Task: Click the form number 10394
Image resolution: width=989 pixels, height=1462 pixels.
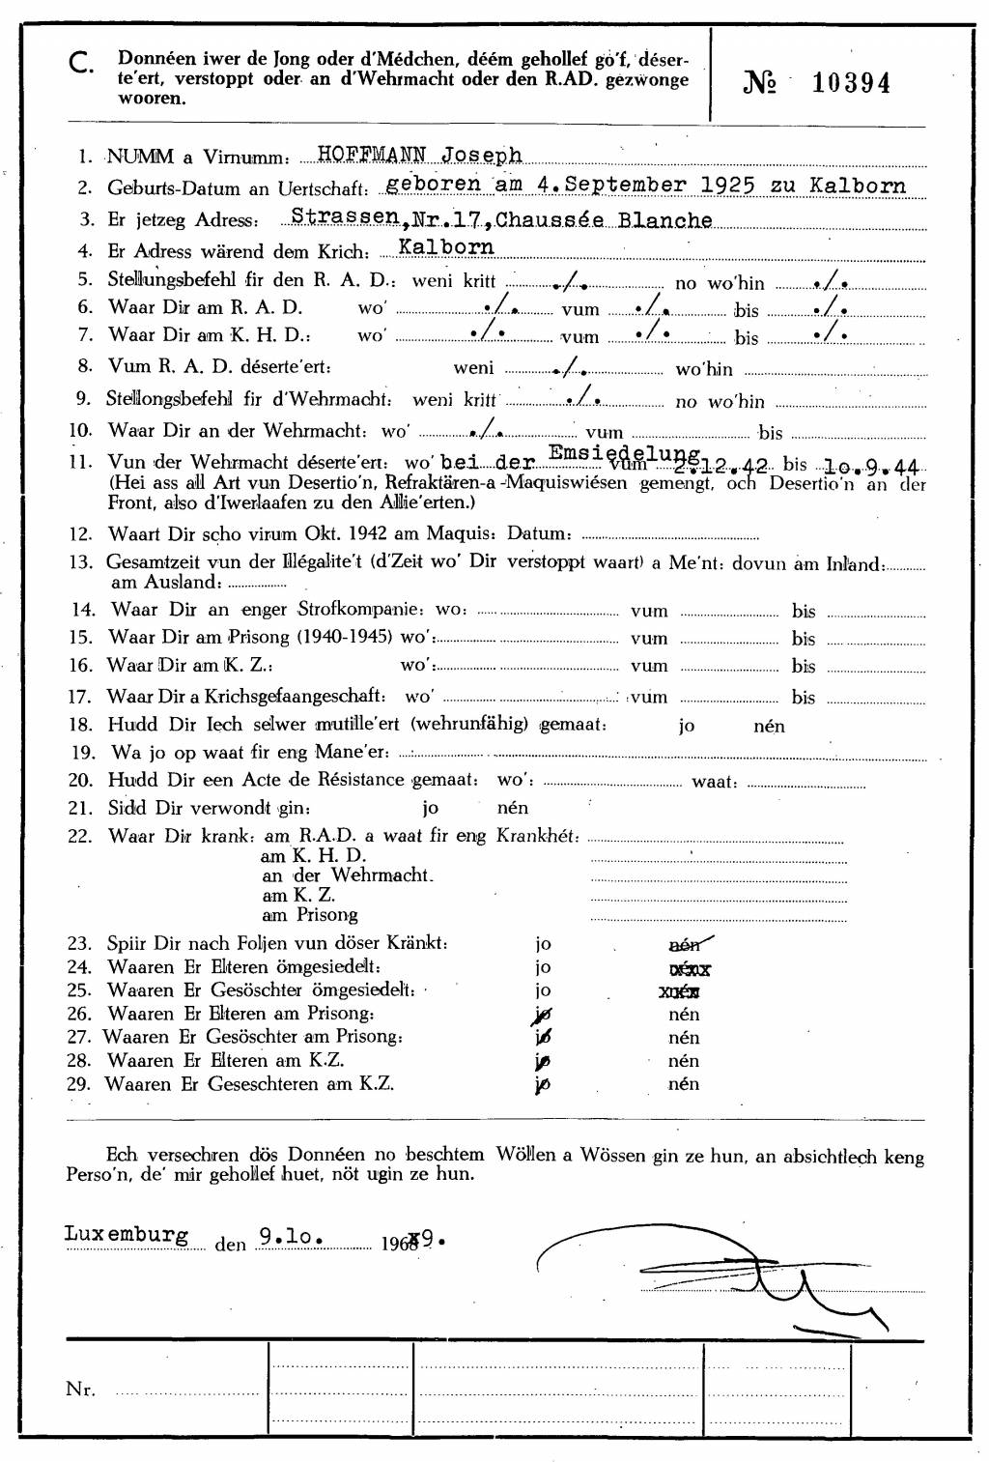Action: click(x=851, y=83)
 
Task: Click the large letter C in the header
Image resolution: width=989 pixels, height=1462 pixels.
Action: click(x=81, y=64)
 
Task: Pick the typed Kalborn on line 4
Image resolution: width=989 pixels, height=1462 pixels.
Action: click(x=446, y=247)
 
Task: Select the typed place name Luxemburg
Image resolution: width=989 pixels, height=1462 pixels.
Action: click(x=126, y=1234)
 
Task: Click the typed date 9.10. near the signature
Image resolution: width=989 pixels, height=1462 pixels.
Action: click(x=290, y=1236)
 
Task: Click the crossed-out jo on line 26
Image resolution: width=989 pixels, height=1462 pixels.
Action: click(x=543, y=1014)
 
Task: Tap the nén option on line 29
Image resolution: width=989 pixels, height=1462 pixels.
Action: click(x=684, y=1083)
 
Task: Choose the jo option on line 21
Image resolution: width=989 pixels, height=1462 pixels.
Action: click(x=430, y=808)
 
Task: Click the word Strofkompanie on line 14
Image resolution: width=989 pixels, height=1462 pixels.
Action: click(x=359, y=609)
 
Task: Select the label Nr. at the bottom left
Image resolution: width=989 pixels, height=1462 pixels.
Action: click(x=80, y=1390)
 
